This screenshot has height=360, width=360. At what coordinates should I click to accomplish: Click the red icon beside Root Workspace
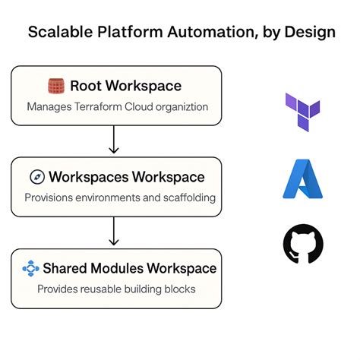55,85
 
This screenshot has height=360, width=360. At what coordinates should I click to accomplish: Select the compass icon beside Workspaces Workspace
36,177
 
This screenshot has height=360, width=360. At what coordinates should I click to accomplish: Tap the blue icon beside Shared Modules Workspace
30,269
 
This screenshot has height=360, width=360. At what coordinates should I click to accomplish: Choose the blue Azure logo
302,179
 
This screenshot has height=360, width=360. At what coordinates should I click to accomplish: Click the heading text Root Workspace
126,85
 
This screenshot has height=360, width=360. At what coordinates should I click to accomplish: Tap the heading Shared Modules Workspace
129,268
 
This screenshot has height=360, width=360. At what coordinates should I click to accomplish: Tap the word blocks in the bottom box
180,289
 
